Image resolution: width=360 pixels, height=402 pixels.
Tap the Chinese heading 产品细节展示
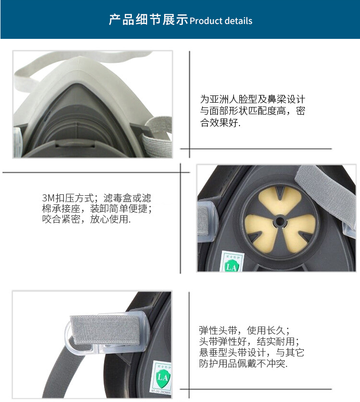149,20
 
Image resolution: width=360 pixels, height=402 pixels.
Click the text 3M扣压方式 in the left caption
68,198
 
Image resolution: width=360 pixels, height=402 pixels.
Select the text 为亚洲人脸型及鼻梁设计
253,99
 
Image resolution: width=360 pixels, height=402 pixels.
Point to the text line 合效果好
220,122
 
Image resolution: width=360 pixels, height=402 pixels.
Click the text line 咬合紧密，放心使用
86,219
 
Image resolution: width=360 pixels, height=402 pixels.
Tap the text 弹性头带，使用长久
244,330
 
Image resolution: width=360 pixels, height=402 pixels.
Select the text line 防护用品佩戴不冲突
243,363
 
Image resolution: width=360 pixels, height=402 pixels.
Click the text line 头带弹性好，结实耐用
249,341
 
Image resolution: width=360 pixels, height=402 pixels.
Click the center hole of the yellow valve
280,221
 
